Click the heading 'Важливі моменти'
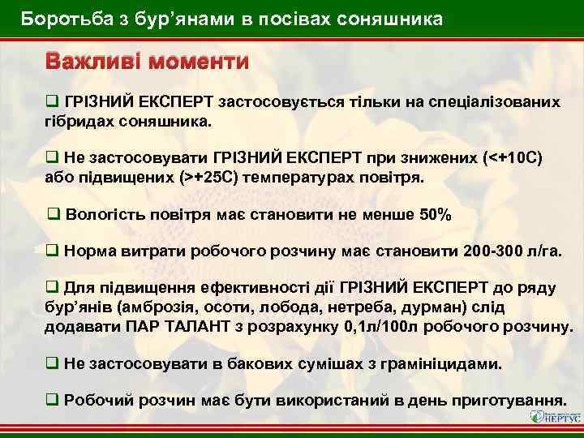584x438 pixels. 147,62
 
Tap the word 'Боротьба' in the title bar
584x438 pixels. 60,18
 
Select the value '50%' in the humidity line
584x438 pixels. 433,215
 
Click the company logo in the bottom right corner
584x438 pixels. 555,417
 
